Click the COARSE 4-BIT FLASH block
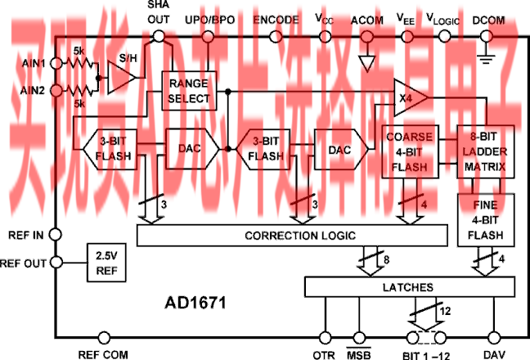[411, 151]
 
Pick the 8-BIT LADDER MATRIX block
[485, 151]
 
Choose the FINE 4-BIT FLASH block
[485, 220]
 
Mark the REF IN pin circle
[55, 234]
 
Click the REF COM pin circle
[104, 337]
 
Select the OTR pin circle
[325, 337]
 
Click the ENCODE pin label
[276, 18]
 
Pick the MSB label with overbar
[360, 354]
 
